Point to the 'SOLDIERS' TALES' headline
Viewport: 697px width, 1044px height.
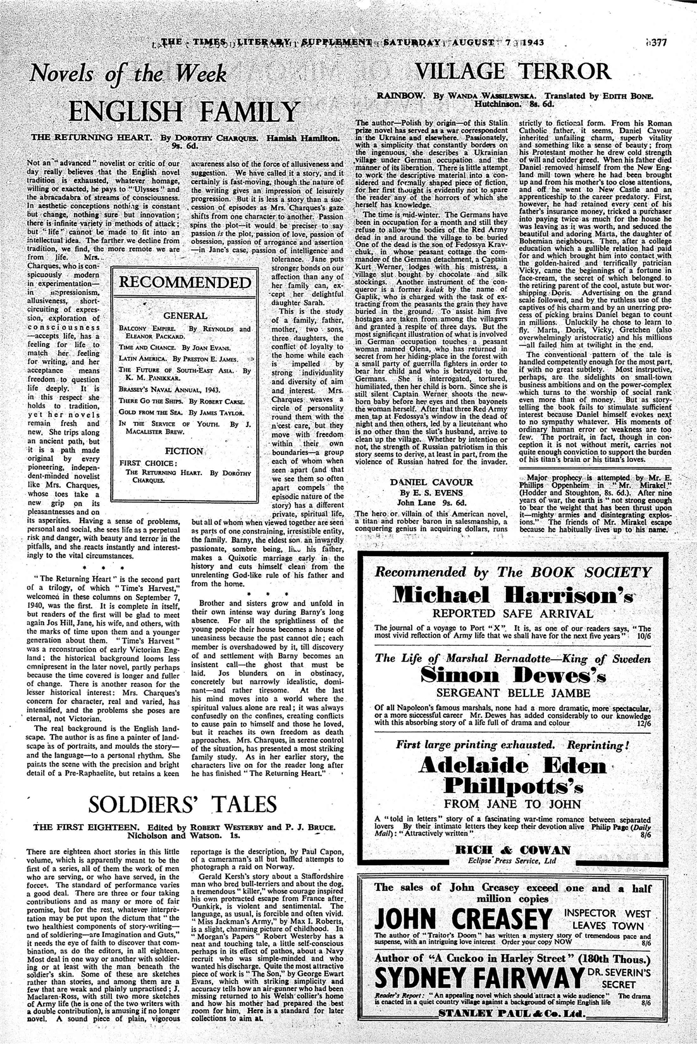[183, 804]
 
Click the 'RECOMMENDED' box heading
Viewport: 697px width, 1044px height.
[185, 282]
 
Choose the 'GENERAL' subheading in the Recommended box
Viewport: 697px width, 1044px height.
[185, 315]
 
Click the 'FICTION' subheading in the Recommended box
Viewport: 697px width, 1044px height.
[184, 451]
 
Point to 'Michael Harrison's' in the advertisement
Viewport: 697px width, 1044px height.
[513, 595]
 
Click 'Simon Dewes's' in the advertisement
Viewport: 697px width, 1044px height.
[513, 676]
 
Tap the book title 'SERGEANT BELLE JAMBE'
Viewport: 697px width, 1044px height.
[513, 693]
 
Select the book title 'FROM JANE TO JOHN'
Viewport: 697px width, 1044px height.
[513, 804]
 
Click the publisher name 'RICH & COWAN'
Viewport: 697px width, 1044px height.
[513, 850]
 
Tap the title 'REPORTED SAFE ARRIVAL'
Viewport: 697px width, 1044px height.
[513, 613]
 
